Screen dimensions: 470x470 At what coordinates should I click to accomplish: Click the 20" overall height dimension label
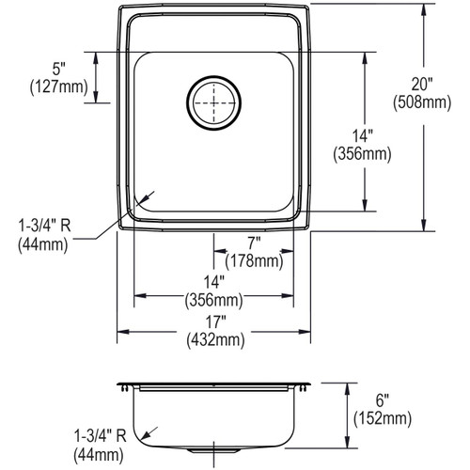point(422,85)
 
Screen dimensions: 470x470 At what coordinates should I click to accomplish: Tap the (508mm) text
point(422,102)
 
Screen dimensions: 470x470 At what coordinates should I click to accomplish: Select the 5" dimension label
point(58,69)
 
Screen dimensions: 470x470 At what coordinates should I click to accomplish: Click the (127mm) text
point(58,86)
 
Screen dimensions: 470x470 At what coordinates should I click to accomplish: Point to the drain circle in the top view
point(213,102)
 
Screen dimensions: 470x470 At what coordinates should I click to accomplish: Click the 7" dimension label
point(254,243)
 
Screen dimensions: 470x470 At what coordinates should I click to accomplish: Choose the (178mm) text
point(254,260)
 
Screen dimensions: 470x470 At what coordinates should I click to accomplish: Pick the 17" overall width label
point(215,322)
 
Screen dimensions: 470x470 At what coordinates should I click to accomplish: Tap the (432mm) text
point(215,340)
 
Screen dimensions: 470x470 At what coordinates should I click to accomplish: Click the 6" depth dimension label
point(383,400)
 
